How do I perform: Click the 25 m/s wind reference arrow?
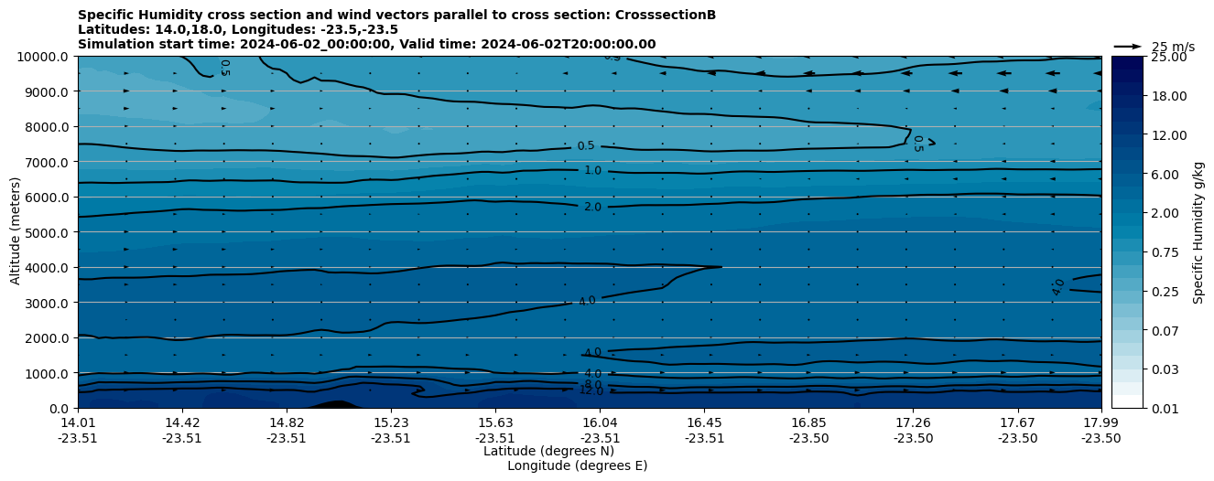click(x=1128, y=46)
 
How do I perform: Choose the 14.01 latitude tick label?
click(x=78, y=423)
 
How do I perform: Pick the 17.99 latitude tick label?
click(x=1100, y=423)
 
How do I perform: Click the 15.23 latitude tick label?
click(x=391, y=423)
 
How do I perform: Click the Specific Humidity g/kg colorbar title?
click(x=1198, y=232)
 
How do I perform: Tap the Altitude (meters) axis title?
click(x=16, y=232)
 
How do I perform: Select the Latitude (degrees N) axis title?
click(x=548, y=451)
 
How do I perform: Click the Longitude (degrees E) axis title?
click(x=577, y=465)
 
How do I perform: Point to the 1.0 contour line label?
click(x=592, y=171)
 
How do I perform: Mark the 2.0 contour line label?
click(x=592, y=208)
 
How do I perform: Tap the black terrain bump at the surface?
click(x=335, y=404)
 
